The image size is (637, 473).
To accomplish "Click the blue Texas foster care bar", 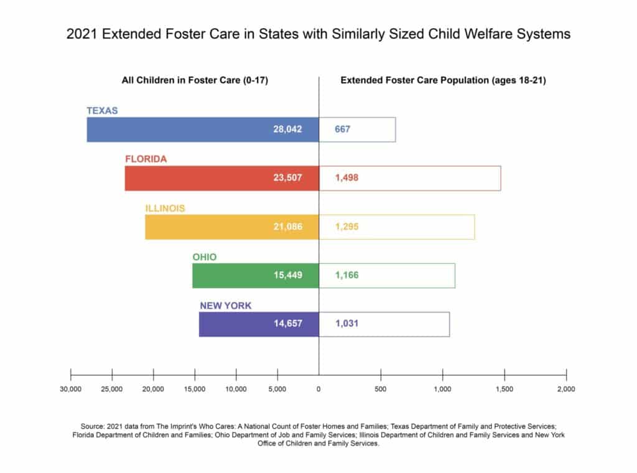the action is click(x=203, y=129).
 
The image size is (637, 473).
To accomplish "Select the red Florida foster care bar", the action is click(x=222, y=178).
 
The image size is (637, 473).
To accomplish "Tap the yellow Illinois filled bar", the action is click(x=232, y=227).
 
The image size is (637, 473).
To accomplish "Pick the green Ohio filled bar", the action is click(x=256, y=276).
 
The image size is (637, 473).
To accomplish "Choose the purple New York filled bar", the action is click(x=259, y=324).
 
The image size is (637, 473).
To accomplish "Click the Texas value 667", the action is click(x=343, y=129).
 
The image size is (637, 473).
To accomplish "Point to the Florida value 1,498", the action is click(x=347, y=177).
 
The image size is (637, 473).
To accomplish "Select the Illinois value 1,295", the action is click(x=347, y=227).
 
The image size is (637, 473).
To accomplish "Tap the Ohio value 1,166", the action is click(x=347, y=275).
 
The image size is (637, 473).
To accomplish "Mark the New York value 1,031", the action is click(x=347, y=324).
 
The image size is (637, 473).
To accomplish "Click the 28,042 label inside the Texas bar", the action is click(x=287, y=129).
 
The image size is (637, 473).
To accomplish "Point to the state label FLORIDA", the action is click(x=146, y=159).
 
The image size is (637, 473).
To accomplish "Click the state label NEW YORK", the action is click(x=225, y=306).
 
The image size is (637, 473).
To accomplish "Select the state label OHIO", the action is click(x=204, y=257).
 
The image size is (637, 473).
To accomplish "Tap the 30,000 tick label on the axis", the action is click(x=71, y=389).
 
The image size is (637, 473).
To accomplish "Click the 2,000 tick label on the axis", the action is click(x=566, y=389).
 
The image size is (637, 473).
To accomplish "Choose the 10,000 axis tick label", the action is click(x=236, y=389).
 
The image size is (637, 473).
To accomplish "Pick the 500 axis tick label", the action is click(x=381, y=389).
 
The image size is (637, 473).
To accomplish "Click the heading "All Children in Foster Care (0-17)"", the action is click(x=195, y=80).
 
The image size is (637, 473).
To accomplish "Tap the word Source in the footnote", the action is click(x=92, y=426).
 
